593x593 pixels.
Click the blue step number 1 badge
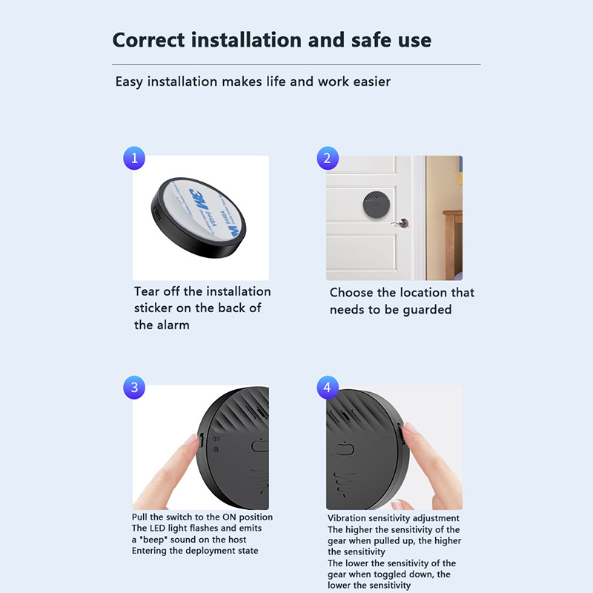(x=134, y=158)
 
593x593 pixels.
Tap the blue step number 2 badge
(x=328, y=158)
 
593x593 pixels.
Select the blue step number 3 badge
(x=134, y=387)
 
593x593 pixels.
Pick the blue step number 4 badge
(x=328, y=387)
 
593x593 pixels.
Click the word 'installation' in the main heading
(x=246, y=40)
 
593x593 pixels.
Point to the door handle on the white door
(x=401, y=223)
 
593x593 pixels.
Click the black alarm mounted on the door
(x=376, y=205)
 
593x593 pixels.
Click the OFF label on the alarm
(x=216, y=439)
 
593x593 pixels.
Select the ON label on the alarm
(x=216, y=450)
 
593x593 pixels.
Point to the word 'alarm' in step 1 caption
(x=173, y=325)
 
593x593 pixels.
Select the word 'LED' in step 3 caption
(x=157, y=528)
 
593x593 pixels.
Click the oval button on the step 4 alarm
(x=345, y=449)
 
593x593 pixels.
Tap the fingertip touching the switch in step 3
(x=193, y=441)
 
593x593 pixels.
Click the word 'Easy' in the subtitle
(x=129, y=82)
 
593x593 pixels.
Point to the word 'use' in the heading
(x=416, y=41)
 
